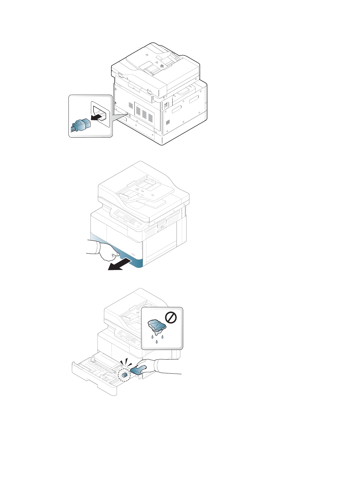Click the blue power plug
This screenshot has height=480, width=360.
click(79, 125)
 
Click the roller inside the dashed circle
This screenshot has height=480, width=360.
click(124, 375)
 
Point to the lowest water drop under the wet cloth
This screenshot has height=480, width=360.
click(157, 342)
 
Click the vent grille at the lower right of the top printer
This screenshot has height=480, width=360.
click(168, 122)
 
